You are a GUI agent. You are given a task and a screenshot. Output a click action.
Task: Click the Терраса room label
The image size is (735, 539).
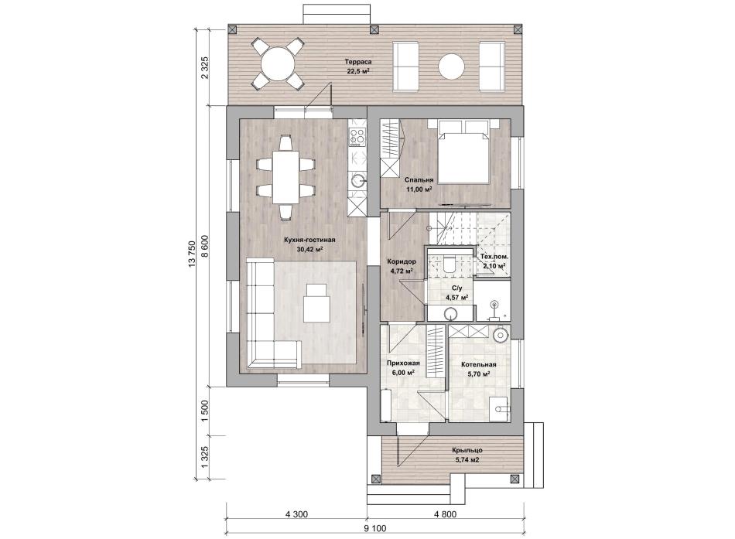(358, 62)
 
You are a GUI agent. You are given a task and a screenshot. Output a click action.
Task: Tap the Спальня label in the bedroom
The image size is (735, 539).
(419, 179)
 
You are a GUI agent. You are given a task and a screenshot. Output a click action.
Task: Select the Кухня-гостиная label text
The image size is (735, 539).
(309, 240)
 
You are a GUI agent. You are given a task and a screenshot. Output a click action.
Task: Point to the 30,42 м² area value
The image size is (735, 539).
(309, 249)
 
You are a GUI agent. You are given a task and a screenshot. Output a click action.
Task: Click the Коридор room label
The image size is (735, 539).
(402, 261)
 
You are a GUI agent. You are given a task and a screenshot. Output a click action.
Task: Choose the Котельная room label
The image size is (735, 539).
(478, 365)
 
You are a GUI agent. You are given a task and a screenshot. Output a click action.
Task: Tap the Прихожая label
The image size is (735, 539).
(402, 363)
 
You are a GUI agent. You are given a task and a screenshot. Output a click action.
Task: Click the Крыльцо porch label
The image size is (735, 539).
(467, 450)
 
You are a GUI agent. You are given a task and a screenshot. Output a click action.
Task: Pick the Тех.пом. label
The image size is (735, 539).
(494, 257)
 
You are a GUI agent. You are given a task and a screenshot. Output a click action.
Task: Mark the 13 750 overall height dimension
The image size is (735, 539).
(191, 256)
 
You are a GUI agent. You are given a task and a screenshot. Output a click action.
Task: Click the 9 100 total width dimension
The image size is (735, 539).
(374, 529)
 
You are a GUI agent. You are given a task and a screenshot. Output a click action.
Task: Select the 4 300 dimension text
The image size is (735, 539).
(296, 514)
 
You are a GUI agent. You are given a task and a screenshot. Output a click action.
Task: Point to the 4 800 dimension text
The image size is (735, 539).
(444, 514)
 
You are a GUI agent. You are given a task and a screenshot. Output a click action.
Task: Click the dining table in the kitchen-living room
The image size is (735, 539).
(285, 176)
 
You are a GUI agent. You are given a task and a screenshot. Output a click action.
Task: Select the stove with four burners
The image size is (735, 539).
(357, 138)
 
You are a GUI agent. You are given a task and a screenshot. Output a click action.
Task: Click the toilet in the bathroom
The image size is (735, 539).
(449, 264)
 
